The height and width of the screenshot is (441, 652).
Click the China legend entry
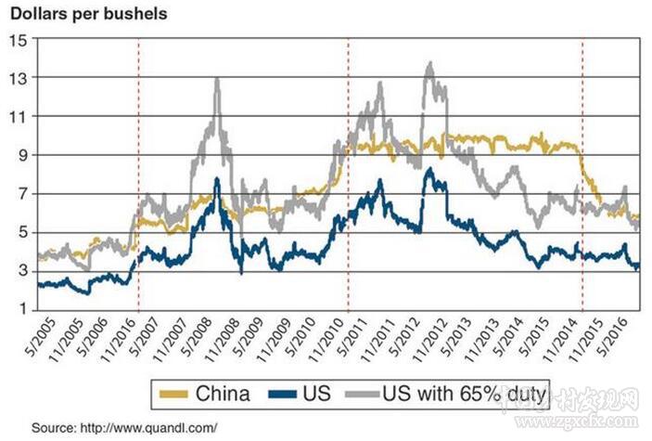pos(223,392)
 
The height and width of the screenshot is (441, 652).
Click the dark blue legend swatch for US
pos(280,393)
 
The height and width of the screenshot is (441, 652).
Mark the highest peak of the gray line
pos(428,63)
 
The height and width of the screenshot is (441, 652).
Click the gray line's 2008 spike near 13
pos(217,79)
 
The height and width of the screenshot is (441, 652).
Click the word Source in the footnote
pos(53,427)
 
